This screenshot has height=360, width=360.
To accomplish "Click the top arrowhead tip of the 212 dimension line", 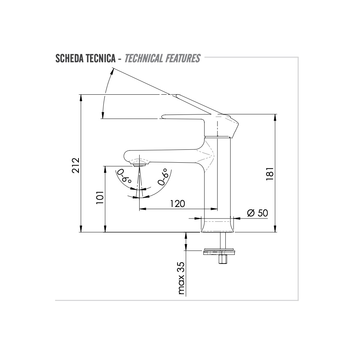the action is point(81,94).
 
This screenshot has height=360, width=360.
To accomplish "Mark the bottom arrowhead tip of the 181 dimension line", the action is point(275,232).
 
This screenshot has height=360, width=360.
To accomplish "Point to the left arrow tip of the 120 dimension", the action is point(139,209).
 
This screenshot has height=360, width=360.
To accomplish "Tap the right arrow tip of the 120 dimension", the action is point(217,209).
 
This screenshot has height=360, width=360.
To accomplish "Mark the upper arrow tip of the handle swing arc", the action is point(113,68).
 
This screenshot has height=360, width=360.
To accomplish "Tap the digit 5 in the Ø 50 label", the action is point(260,213).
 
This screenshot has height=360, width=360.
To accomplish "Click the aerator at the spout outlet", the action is point(137,165).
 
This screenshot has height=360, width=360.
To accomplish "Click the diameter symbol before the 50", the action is point(251,213).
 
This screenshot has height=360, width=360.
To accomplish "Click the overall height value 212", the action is point(76,165).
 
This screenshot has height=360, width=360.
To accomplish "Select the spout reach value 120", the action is point(177,203).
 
